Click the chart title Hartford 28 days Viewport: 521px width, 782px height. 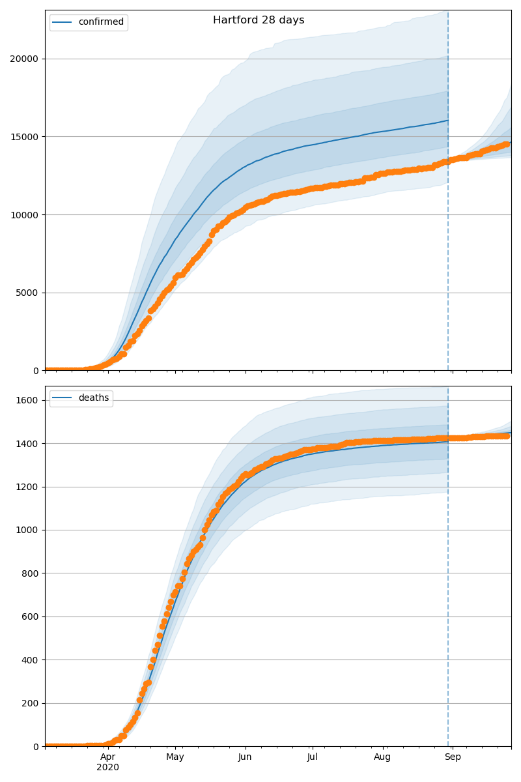coord(259,20)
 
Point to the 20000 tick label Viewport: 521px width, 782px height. coord(24,59)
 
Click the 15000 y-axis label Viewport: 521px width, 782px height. coord(24,137)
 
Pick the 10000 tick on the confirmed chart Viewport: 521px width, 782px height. coord(24,215)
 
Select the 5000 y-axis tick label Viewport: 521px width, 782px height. coord(27,293)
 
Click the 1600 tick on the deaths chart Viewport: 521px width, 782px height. coord(27,400)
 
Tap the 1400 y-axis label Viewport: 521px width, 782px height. coord(27,444)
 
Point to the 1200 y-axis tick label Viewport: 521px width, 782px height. coord(27,487)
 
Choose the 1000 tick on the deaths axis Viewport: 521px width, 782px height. coord(27,530)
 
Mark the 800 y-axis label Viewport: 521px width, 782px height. coord(30,573)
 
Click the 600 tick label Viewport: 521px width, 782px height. coord(30,616)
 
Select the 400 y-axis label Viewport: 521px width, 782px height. coord(30,659)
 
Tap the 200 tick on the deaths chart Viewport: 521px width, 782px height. coord(30,703)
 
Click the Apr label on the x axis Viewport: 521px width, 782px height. coord(108,757)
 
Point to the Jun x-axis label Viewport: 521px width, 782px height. coord(245,757)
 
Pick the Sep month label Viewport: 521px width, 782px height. coord(453,757)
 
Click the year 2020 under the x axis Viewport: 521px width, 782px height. coord(108,768)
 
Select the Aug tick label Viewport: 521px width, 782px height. coord(382,757)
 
